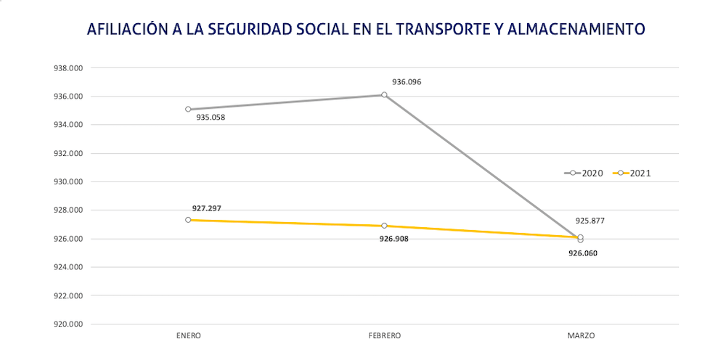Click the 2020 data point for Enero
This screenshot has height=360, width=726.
pos(188,110)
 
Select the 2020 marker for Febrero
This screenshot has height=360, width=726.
pos(384,94)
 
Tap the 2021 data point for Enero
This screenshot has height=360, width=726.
pos(188,220)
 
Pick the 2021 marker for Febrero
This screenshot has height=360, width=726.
pos(384,226)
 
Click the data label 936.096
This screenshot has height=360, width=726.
pos(407,82)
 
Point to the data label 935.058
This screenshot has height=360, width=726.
pos(211,117)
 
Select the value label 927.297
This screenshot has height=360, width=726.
pos(207,208)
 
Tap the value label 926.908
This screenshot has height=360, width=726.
pos(394,238)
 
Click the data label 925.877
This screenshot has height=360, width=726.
pos(590,221)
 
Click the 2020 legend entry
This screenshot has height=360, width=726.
pos(584,173)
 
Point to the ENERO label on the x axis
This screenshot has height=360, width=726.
pos(188,336)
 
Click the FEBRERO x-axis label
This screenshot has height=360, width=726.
pos(384,336)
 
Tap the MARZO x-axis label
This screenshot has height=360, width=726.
pos(581,336)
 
